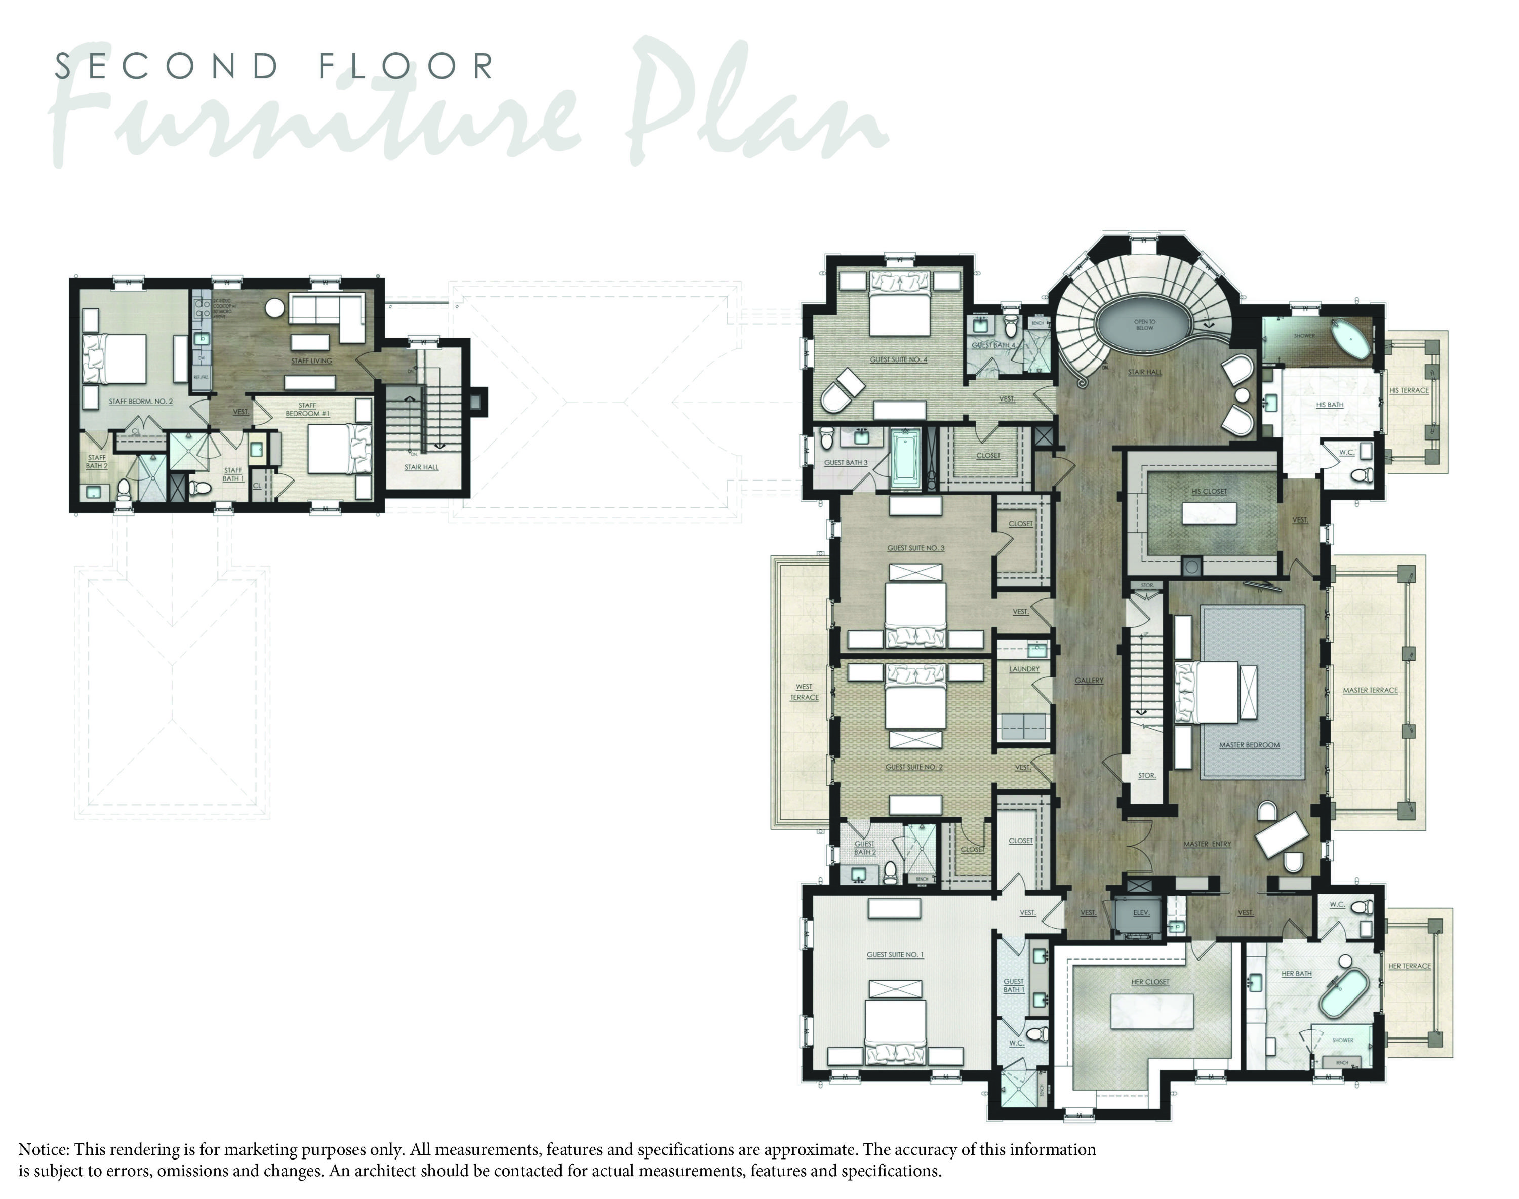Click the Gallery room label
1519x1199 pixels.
click(1089, 680)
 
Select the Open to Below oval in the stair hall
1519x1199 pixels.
click(1144, 325)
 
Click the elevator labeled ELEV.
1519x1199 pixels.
click(1141, 912)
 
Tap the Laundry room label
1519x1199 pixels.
click(1024, 669)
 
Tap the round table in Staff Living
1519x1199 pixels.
click(274, 308)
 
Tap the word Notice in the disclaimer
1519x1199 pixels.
click(43, 1149)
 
